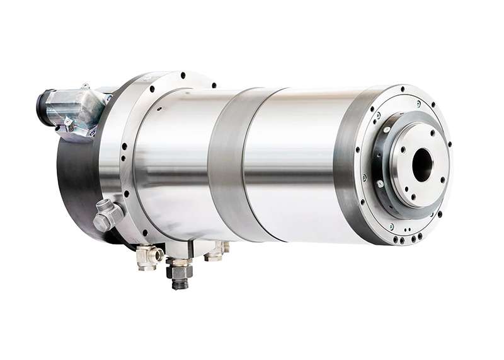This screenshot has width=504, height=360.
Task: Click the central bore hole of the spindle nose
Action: coord(422,165)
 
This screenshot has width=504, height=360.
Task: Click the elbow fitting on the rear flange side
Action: coord(107,214)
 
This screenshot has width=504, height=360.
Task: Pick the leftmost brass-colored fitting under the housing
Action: coord(148,256)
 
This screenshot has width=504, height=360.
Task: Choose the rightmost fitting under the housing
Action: coord(217,250)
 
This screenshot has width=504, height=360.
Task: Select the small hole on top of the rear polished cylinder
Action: coord(159,108)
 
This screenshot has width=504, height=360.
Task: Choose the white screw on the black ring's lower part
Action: coord(380,183)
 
